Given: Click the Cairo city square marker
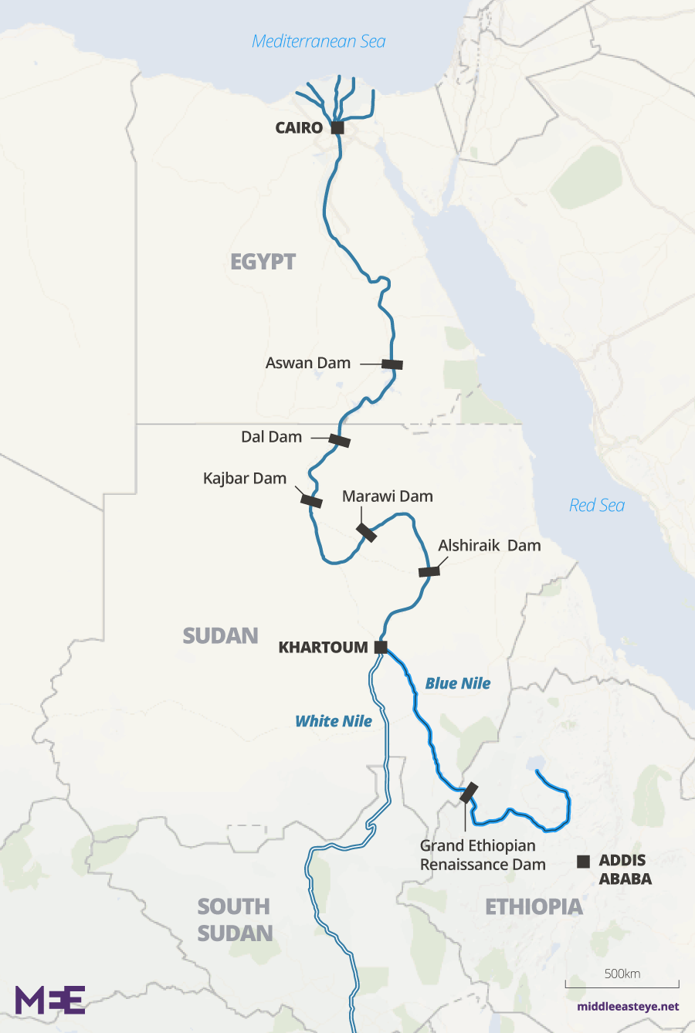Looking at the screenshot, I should tap(337, 127).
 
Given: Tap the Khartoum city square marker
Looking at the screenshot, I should tap(381, 647).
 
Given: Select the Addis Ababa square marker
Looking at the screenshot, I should tap(584, 861).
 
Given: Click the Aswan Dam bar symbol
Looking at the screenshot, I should tap(392, 364).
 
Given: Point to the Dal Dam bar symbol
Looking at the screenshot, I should tap(340, 441).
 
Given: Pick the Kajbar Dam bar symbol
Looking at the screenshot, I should tap(311, 501).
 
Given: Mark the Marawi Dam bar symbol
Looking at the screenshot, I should tap(366, 532).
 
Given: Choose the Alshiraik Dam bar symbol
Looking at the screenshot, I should tap(429, 571).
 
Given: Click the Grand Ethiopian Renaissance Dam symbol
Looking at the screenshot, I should tap(469, 793).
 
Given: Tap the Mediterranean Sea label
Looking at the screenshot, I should tap(319, 42).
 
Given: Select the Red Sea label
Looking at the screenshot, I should tap(597, 506).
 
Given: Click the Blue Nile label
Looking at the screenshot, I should tap(458, 683).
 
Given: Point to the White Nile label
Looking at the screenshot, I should tap(334, 721).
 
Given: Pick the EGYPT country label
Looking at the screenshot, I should tap(263, 262).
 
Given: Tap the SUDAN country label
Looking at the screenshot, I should tap(221, 635).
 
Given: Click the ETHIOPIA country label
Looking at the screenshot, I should tap(534, 906).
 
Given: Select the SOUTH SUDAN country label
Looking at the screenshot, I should tap(235, 920).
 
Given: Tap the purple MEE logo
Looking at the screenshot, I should tap(50, 1000).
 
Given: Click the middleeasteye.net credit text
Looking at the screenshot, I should tap(628, 1007).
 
